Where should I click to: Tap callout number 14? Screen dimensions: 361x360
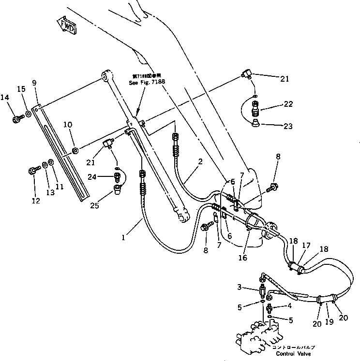[x=4, y=97]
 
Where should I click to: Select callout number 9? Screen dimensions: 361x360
[x=34, y=83]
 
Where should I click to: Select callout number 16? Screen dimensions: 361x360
[x=243, y=258]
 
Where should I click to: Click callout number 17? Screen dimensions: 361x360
[x=306, y=245]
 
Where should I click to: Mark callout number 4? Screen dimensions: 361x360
[x=289, y=305]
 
